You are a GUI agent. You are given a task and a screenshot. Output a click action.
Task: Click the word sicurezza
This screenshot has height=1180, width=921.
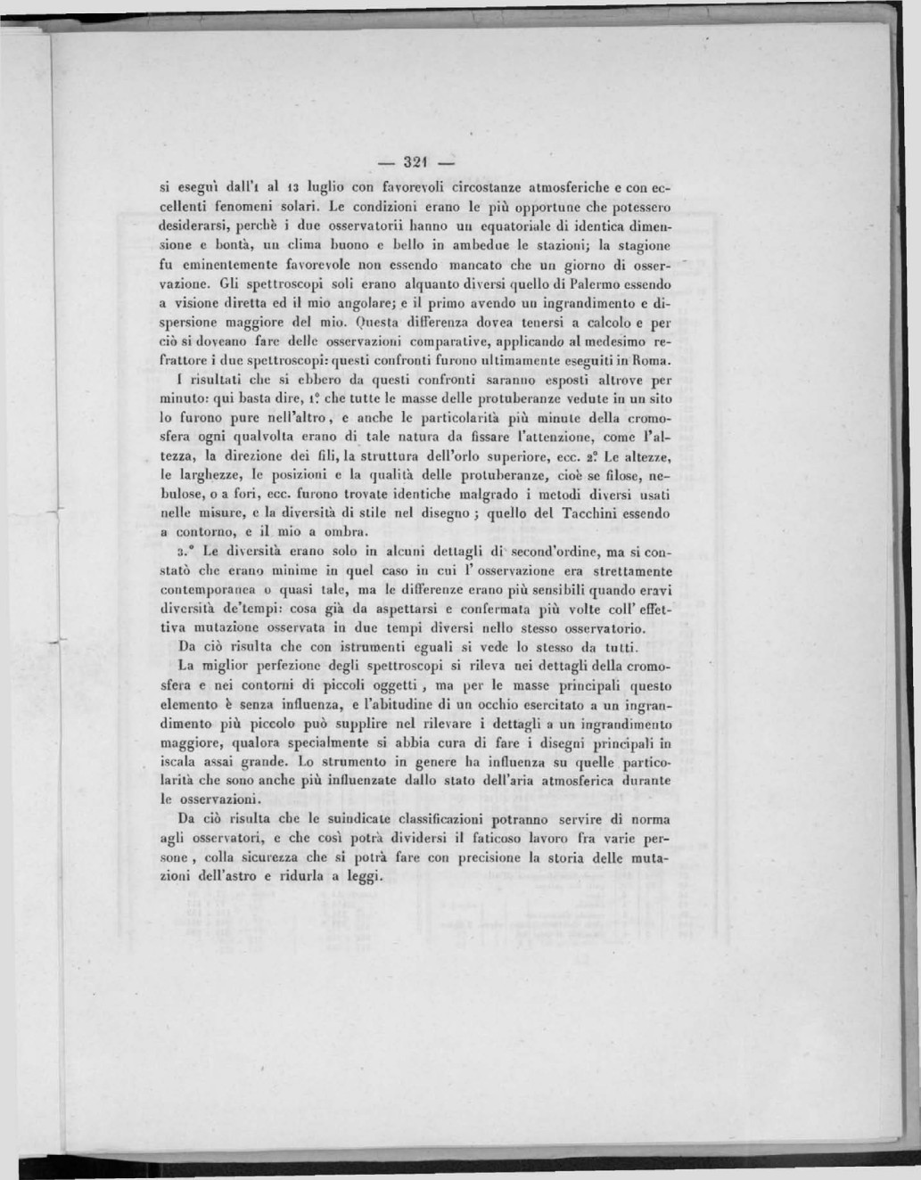275,857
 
